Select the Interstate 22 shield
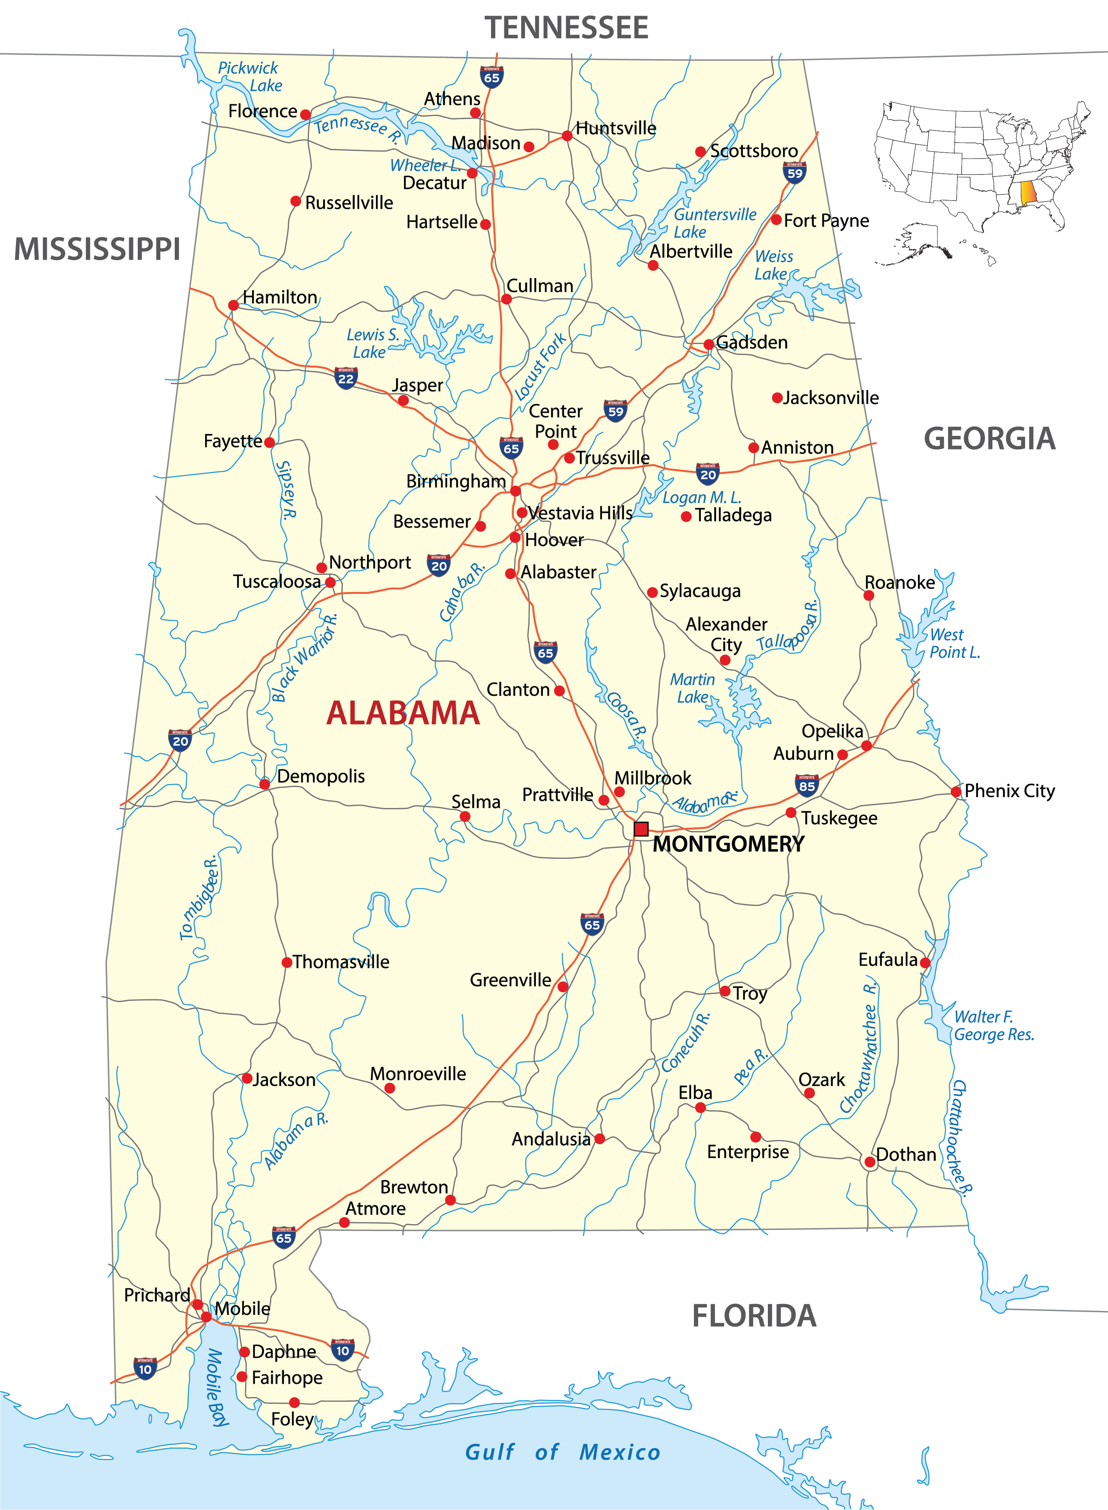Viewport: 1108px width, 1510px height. pos(346,378)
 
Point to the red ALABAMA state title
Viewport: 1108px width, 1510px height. pos(403,713)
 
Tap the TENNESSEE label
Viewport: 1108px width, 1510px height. pos(566,28)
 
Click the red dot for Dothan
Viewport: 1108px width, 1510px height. pos(869,1162)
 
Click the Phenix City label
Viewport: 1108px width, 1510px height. pos(1010,791)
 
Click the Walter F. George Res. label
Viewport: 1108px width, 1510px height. pos(993,1025)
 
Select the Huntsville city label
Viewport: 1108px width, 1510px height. pos(616,128)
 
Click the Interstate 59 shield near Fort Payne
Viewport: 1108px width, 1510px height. pos(795,173)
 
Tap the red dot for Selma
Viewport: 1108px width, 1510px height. pos(465,817)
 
